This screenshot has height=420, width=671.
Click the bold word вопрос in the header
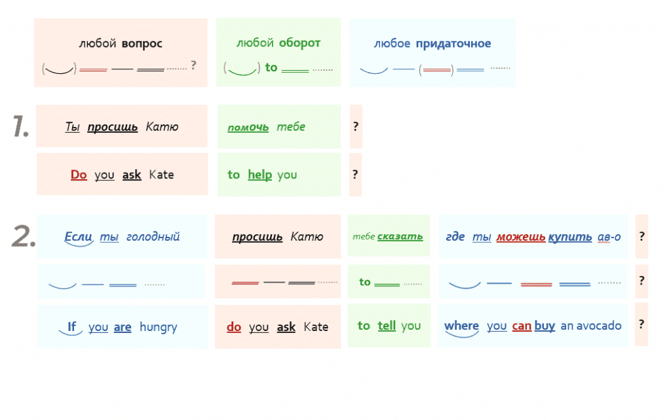[x=142, y=44]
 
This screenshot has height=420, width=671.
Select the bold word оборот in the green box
[x=299, y=43]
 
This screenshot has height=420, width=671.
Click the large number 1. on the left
[x=20, y=126]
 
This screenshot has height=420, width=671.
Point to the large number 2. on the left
[x=23, y=237]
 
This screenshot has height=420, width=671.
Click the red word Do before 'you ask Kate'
[x=79, y=175]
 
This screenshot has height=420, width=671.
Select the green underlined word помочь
[x=248, y=127]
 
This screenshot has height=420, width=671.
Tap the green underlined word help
[x=259, y=175]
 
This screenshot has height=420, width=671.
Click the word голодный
[x=153, y=237]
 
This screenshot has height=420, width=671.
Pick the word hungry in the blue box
[x=158, y=327]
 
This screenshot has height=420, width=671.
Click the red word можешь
[x=521, y=237]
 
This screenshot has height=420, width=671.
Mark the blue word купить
[x=570, y=237]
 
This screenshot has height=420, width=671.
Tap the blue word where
[x=461, y=326]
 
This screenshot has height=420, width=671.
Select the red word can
[x=522, y=326]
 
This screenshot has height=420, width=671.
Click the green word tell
[x=387, y=326]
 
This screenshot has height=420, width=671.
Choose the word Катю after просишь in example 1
[x=162, y=127]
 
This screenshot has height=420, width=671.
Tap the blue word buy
[x=545, y=326]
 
